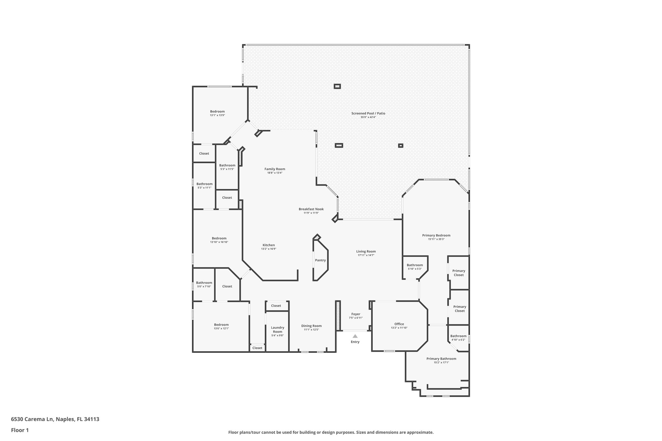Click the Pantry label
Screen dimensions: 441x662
point(320,260)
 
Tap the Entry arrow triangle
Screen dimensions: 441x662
point(355,336)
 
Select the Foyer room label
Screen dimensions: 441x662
point(356,314)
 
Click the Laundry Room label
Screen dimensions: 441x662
point(277,330)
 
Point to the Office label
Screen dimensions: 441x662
point(399,324)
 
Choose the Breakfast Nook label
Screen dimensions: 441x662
point(311,209)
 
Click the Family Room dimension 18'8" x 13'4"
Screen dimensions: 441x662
point(275,173)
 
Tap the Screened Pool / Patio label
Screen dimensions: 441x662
point(368,113)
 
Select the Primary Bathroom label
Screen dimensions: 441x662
point(441,359)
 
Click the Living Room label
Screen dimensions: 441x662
point(366,251)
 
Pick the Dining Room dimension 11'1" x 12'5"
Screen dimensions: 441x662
point(311,330)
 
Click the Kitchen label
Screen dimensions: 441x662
point(269,245)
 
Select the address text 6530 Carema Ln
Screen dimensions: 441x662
point(32,419)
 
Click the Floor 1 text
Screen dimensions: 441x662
point(20,430)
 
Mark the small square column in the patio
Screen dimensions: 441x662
point(400,146)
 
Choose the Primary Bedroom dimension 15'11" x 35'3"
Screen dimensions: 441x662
point(436,239)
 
